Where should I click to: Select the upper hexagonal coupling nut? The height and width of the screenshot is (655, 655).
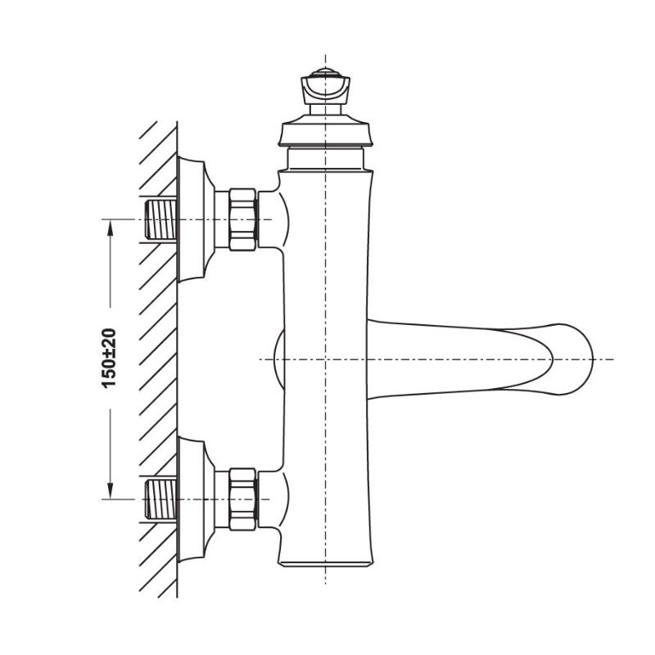click(242, 219)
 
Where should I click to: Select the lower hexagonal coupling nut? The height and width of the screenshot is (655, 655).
click(242, 499)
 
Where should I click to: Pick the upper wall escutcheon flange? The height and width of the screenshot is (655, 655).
click(192, 219)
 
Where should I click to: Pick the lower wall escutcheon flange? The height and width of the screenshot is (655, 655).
click(192, 499)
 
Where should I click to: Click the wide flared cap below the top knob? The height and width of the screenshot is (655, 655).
click(326, 133)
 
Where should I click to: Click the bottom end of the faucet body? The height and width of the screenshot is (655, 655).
click(326, 563)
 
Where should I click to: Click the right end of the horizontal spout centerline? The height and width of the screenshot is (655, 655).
click(612, 359)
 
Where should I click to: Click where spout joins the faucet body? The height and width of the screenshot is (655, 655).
click(370, 359)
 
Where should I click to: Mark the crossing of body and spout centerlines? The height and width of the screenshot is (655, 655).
click(326, 359)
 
